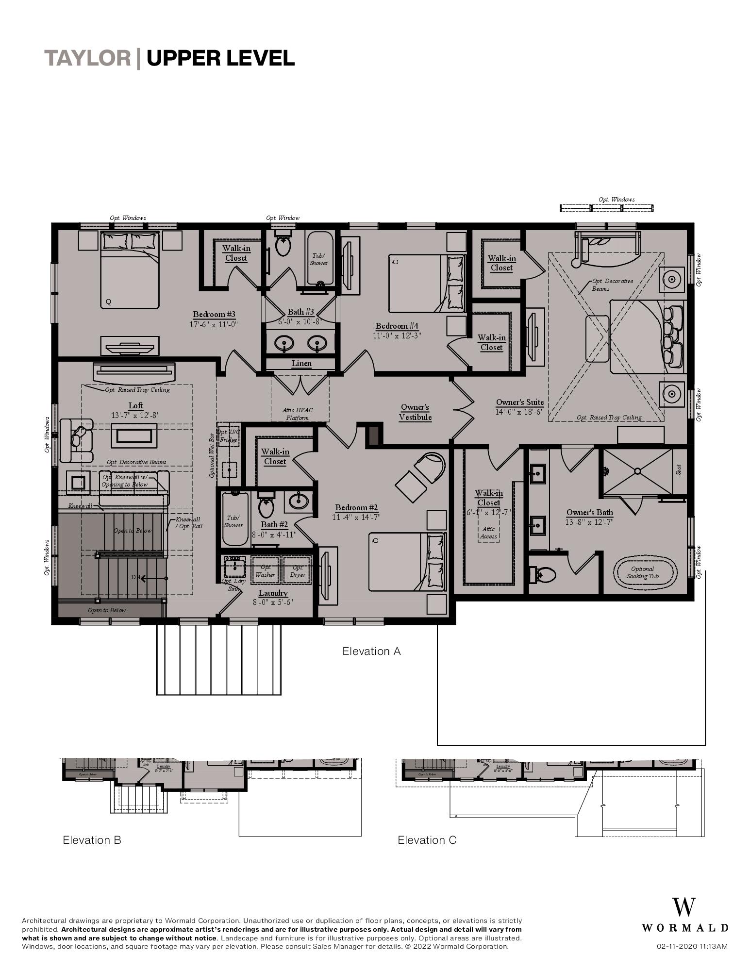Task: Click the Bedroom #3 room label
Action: point(214,315)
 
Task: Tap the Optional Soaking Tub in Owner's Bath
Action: point(643,572)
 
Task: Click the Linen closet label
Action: point(301,364)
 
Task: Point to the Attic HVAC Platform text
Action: point(298,414)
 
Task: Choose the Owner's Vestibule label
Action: point(415,412)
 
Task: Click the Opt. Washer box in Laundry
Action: point(266,571)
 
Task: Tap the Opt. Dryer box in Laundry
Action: point(298,571)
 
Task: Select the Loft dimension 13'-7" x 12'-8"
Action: point(135,415)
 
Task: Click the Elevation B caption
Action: point(92,840)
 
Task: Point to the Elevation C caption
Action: point(427,840)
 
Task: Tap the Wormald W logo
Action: point(683,907)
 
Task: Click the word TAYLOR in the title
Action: point(88,58)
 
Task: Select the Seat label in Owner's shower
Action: point(679,469)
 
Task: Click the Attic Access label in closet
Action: point(488,533)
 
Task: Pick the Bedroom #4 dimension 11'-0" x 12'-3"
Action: point(397,335)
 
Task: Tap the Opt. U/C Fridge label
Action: point(228,436)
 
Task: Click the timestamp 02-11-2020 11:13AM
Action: point(692,946)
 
